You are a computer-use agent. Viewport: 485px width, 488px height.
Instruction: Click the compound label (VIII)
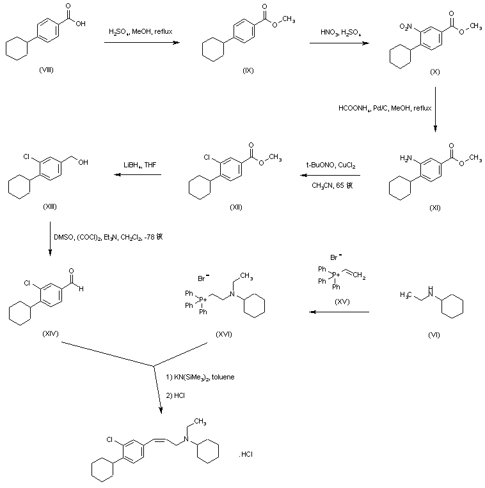pyautogui.click(x=46, y=68)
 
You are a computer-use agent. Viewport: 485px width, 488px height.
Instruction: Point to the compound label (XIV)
pyautogui.click(x=49, y=334)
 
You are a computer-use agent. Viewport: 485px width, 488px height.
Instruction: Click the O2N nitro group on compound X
pyautogui.click(x=407, y=27)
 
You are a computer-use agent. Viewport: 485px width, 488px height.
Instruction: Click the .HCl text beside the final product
pyautogui.click(x=248, y=454)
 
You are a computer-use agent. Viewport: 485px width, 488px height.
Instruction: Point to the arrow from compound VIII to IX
pyautogui.click(x=141, y=43)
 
